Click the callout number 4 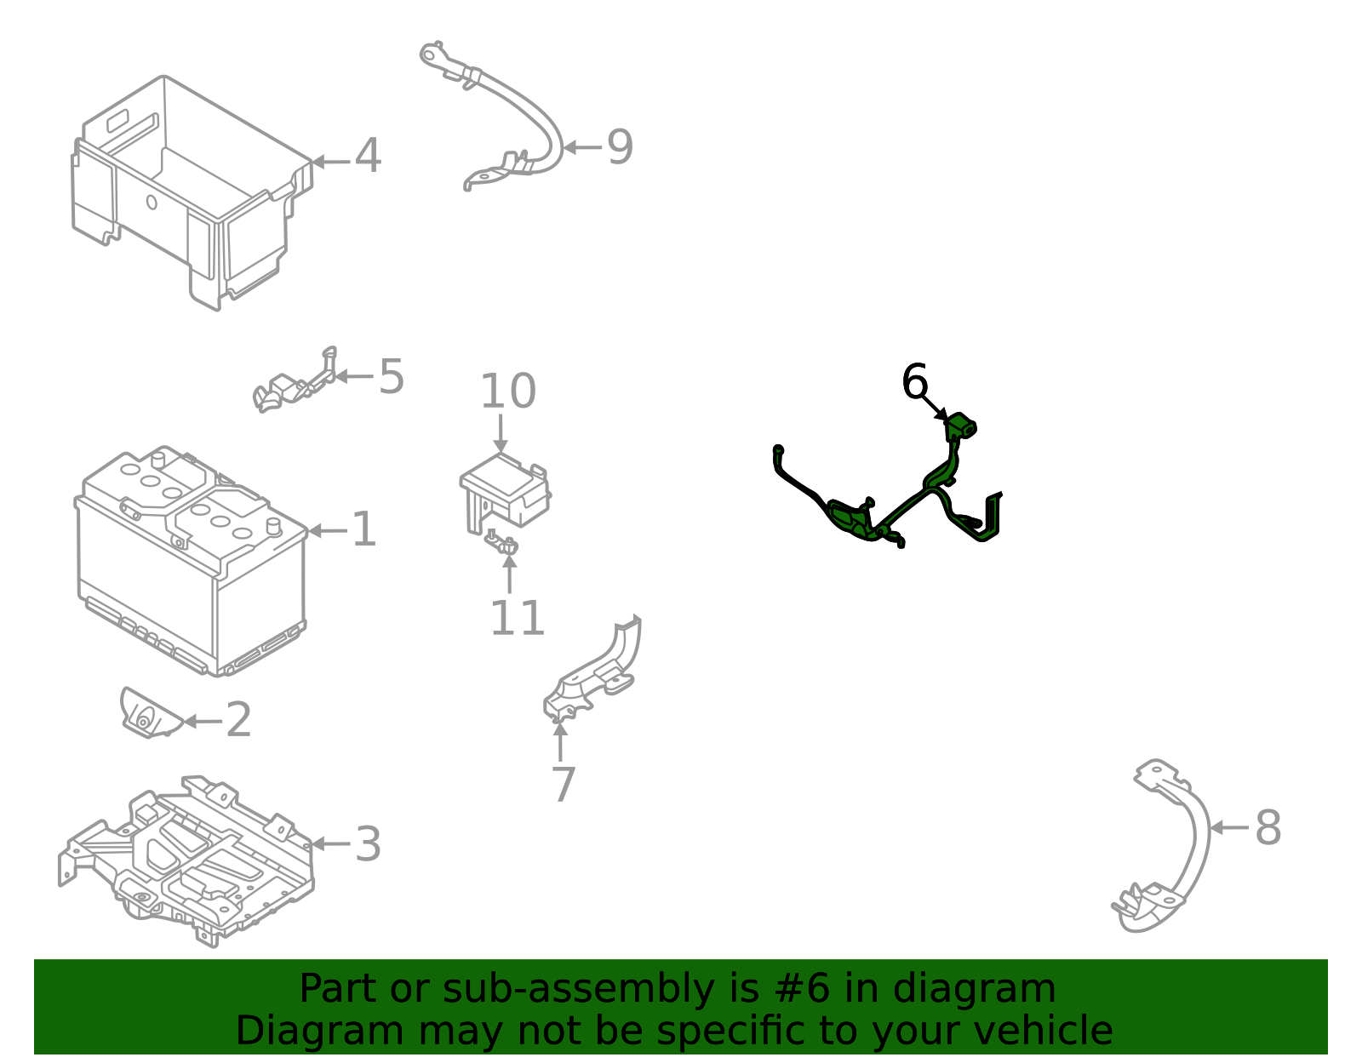point(368,156)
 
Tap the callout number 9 point(620,147)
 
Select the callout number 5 point(392,376)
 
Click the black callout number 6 point(914,380)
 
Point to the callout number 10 point(507,391)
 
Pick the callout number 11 point(517,619)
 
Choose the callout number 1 point(364,530)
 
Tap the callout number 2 point(238,720)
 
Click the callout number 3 point(368,844)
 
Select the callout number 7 point(564,785)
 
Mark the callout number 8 point(1268,827)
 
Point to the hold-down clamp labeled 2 point(151,714)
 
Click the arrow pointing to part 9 point(582,148)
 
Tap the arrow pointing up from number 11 point(510,573)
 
